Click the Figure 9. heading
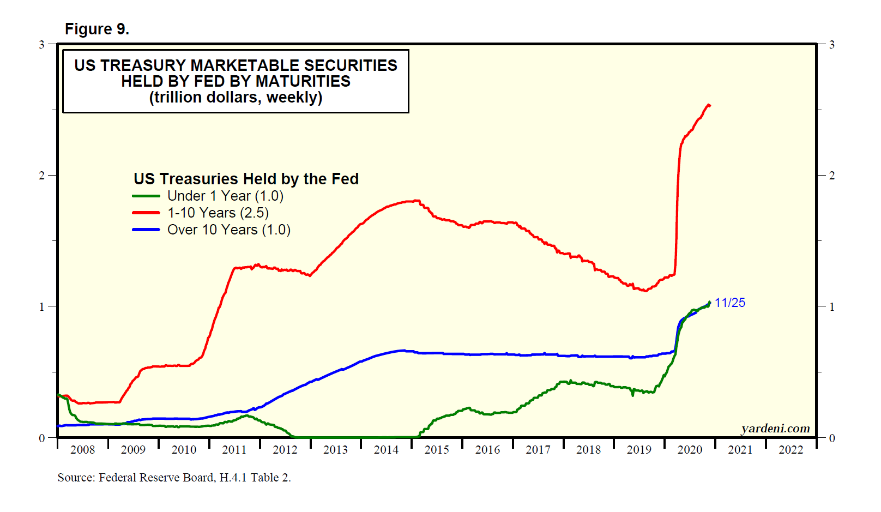(x=96, y=29)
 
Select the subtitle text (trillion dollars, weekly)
(x=236, y=98)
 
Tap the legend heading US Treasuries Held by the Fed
(x=246, y=179)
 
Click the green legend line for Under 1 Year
(x=146, y=196)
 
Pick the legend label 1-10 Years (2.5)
(x=218, y=213)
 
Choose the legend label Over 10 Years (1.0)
(x=228, y=230)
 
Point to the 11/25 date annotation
(x=729, y=303)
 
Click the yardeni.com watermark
(x=775, y=429)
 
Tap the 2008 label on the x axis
(x=82, y=450)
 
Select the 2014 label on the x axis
(x=386, y=450)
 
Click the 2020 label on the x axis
(x=690, y=450)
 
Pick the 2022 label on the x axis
(x=791, y=450)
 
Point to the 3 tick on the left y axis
(x=41, y=44)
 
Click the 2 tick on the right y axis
(x=832, y=176)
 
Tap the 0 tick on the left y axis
(x=41, y=438)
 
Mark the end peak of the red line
(x=708, y=105)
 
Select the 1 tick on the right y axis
(x=832, y=307)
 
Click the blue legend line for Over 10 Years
(x=146, y=230)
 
